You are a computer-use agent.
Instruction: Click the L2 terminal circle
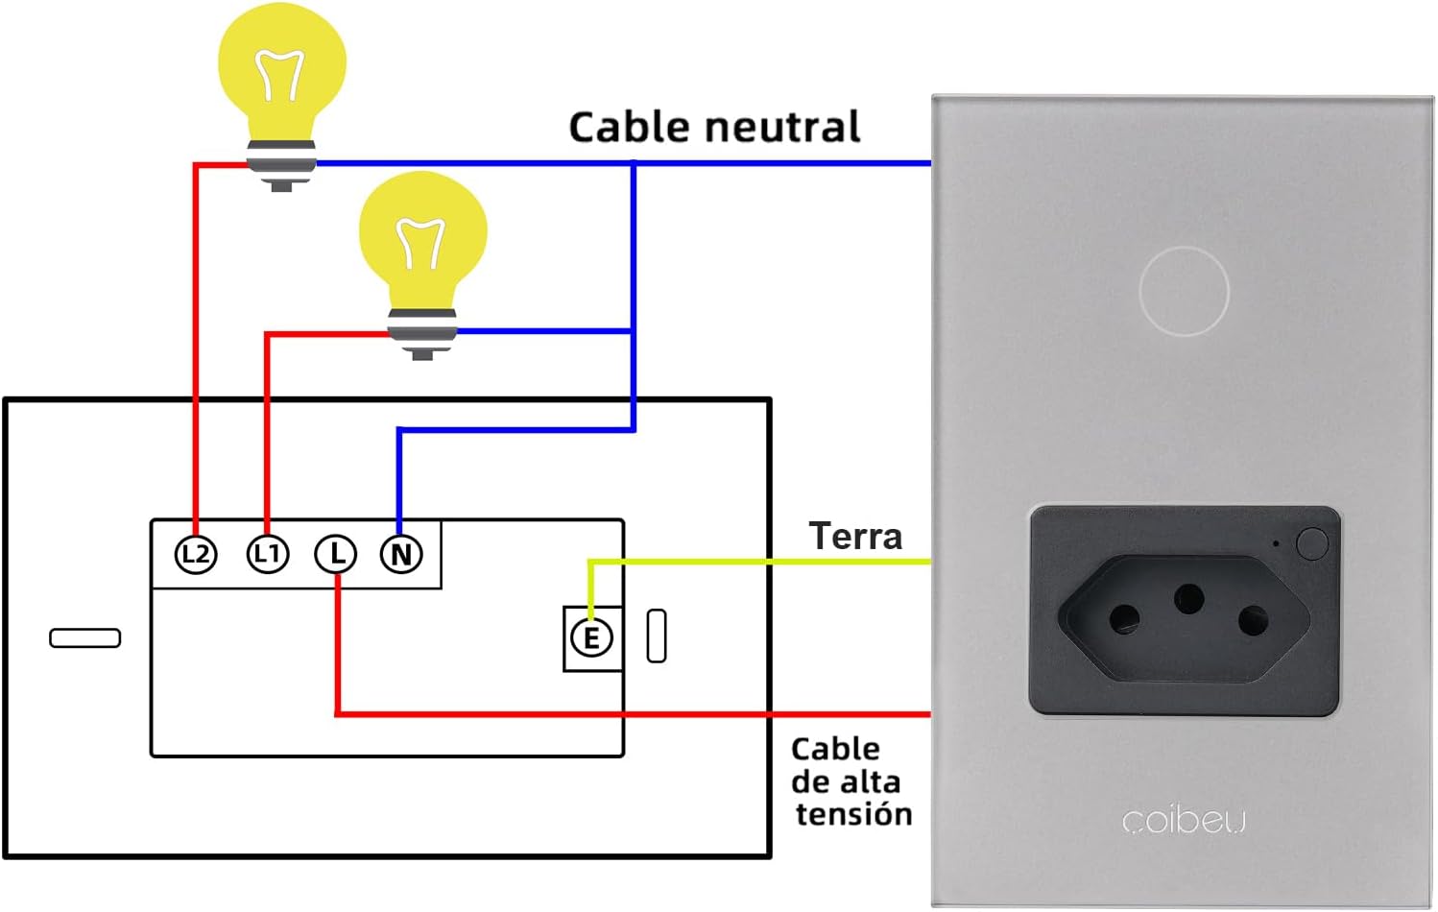click(x=196, y=554)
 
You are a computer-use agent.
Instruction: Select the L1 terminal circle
click(x=267, y=554)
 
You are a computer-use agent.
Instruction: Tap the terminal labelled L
click(x=336, y=554)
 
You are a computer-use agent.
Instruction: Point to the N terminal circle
click(x=401, y=554)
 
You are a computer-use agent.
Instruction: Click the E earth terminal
click(x=591, y=637)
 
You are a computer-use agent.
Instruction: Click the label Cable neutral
click(x=714, y=128)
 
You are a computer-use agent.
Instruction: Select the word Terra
click(x=855, y=537)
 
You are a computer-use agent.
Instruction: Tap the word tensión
click(x=853, y=814)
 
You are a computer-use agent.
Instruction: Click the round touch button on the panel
click(x=1184, y=291)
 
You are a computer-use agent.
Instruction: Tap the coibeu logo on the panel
click(x=1184, y=822)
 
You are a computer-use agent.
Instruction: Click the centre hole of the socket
click(x=1189, y=599)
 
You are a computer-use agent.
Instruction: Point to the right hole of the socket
click(x=1254, y=620)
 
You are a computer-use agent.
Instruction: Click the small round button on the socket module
click(x=1312, y=543)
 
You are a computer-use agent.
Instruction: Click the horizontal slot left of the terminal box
click(x=85, y=637)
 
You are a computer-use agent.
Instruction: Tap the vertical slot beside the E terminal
click(x=657, y=636)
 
